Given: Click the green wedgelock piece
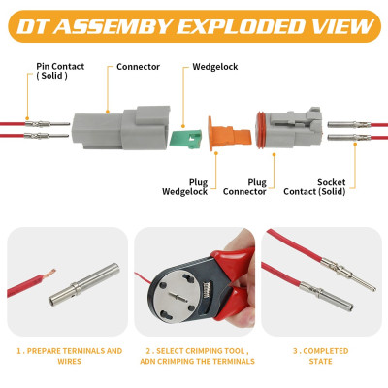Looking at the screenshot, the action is pyautogui.click(x=185, y=139).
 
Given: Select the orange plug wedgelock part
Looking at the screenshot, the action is pyautogui.click(x=229, y=133).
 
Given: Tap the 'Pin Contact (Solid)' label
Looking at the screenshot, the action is pyautogui.click(x=60, y=71).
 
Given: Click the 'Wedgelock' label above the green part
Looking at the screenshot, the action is pyautogui.click(x=215, y=67).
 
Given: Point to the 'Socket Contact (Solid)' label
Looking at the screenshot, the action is pyautogui.click(x=314, y=187).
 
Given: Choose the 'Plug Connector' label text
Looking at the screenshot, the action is pyautogui.click(x=244, y=187).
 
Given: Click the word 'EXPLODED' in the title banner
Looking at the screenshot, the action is pyautogui.click(x=240, y=26).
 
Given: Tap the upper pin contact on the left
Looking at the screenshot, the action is pyautogui.click(x=48, y=124).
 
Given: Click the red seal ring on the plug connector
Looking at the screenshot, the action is pyautogui.click(x=260, y=130).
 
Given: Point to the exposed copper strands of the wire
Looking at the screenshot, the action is pyautogui.click(x=49, y=273).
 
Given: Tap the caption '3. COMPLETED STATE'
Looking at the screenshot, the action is pyautogui.click(x=320, y=356).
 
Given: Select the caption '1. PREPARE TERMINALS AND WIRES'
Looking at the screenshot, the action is pyautogui.click(x=70, y=356).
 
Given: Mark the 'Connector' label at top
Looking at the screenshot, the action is pyautogui.click(x=138, y=67).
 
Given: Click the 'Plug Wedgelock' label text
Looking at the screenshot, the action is pyautogui.click(x=184, y=187).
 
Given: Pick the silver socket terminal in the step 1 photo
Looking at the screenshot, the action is pyautogui.click(x=84, y=284).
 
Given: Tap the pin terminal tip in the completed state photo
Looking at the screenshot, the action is pyautogui.click(x=374, y=289).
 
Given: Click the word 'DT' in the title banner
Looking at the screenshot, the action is pyautogui.click(x=33, y=26).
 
